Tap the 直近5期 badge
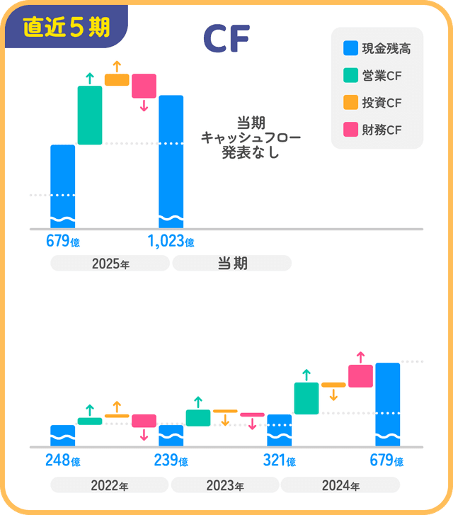pyautogui.click(x=66, y=27)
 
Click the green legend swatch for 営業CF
pyautogui.click(x=350, y=76)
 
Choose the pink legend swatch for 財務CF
pyautogui.click(x=350, y=130)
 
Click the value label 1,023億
pyautogui.click(x=171, y=242)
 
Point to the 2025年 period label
pyautogui.click(x=110, y=264)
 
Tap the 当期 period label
pyautogui.click(x=231, y=264)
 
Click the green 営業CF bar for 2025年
pyautogui.click(x=90, y=115)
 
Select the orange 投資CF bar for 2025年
pyautogui.click(x=117, y=79)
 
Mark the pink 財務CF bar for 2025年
pyautogui.click(x=144, y=86)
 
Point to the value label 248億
pyautogui.click(x=63, y=461)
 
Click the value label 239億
pyautogui.click(x=171, y=461)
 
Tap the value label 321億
pyautogui.click(x=279, y=461)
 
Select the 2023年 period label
pyautogui.click(x=225, y=486)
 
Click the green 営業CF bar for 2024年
pyautogui.click(x=306, y=398)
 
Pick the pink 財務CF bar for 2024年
pyautogui.click(x=360, y=376)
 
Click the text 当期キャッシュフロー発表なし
pyautogui.click(x=251, y=137)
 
